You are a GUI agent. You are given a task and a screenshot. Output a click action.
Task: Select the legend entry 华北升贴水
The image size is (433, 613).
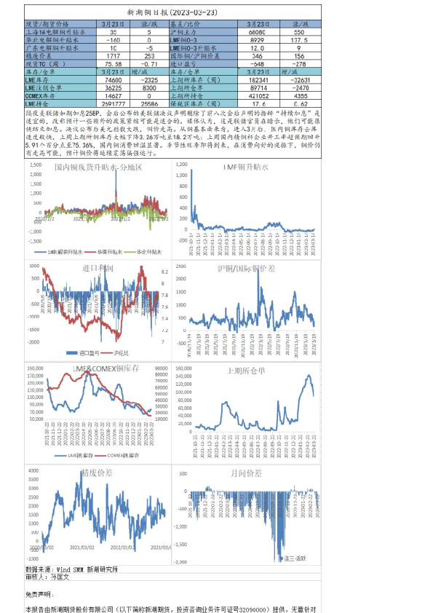[x=150, y=252]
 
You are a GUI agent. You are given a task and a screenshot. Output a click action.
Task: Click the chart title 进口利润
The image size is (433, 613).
[x=97, y=269]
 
